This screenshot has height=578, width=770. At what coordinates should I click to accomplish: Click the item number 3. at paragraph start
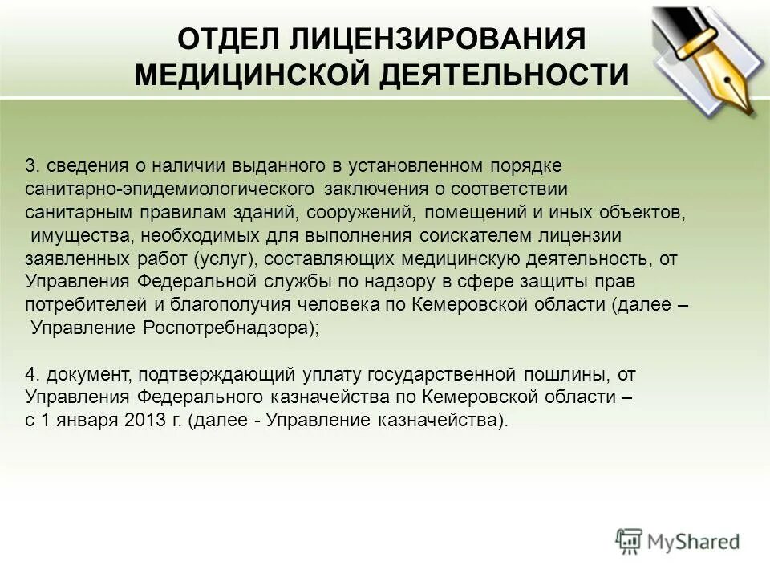point(32,166)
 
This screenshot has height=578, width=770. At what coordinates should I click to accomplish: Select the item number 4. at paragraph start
point(32,374)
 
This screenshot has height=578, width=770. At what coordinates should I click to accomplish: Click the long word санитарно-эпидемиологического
point(168,189)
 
